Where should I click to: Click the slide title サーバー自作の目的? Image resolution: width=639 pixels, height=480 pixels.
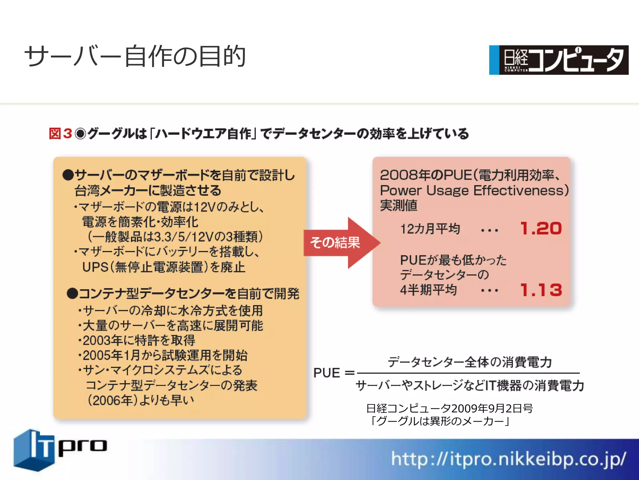click(135, 56)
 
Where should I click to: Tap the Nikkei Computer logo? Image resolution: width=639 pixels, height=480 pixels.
click(559, 60)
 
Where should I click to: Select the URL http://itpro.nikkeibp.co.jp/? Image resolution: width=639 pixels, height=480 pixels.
click(508, 459)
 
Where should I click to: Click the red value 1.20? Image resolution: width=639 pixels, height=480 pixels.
click(541, 228)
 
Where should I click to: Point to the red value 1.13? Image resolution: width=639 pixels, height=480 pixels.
click(541, 290)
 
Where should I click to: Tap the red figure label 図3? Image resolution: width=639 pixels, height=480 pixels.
click(61, 134)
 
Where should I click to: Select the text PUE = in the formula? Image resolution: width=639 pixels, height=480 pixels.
click(334, 373)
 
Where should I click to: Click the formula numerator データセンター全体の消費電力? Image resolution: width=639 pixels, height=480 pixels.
click(470, 362)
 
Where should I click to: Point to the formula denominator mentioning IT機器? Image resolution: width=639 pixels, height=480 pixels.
click(470, 385)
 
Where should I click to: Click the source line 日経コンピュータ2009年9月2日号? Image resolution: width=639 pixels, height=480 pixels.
click(449, 408)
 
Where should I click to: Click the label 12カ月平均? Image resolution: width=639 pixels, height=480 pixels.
click(430, 229)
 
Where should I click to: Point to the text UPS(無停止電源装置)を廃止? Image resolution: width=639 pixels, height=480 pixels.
click(163, 267)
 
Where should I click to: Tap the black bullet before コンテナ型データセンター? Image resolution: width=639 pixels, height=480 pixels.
click(72, 294)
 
